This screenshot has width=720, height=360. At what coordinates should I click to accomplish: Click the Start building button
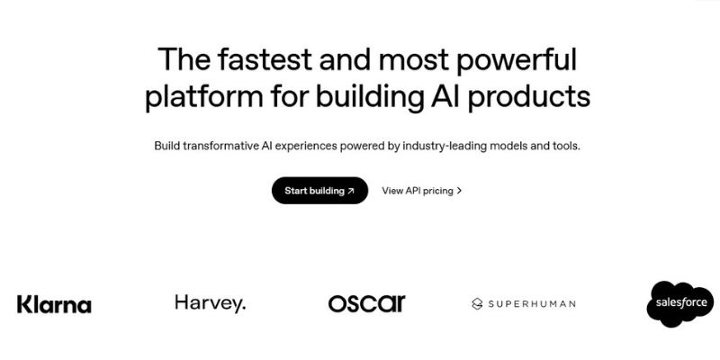(x=320, y=191)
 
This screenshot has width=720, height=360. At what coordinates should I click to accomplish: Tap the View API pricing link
(x=421, y=191)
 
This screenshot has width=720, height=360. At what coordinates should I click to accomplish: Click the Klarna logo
(x=54, y=304)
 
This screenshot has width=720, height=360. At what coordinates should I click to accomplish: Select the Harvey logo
(x=211, y=304)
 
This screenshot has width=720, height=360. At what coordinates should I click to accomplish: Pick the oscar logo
(x=367, y=303)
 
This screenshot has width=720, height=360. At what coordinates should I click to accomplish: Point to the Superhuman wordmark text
(x=532, y=303)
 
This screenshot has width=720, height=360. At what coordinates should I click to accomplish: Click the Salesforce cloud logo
(x=681, y=303)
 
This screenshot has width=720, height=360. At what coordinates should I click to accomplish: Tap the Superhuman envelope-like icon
(x=477, y=303)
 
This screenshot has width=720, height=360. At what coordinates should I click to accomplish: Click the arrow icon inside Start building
(x=351, y=191)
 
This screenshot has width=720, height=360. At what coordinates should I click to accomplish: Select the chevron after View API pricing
(x=459, y=191)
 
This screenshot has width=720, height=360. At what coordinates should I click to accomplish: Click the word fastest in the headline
(x=265, y=59)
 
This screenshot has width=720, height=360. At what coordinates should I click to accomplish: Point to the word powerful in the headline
(x=516, y=60)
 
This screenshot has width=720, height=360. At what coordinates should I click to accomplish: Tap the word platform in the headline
(x=204, y=97)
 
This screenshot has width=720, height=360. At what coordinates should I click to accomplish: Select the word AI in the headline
(x=445, y=96)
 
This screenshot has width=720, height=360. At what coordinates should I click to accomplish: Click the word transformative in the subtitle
(x=221, y=147)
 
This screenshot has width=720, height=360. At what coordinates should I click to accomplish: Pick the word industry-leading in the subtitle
(x=445, y=147)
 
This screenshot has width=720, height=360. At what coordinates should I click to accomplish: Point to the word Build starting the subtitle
(x=166, y=147)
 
